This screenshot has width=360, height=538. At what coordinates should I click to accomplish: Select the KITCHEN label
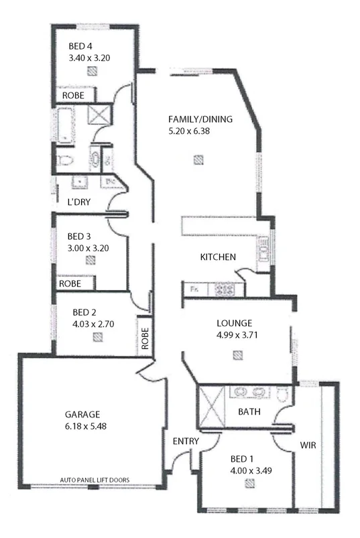pos(218,257)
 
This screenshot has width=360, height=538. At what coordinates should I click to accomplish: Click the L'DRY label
pos(78,202)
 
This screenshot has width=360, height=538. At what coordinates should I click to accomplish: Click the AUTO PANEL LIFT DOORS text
pos(95,480)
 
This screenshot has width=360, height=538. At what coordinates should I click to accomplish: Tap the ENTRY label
pos(184,441)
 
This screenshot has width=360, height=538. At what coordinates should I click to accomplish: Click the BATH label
pos(249,411)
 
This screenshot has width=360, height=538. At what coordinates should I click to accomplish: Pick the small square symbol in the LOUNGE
pos(236,356)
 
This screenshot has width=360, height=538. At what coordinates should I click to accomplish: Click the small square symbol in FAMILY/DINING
pos(198,159)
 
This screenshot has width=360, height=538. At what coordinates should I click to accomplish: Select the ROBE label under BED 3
pos(70,283)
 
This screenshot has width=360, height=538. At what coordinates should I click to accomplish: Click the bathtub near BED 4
pos(65,127)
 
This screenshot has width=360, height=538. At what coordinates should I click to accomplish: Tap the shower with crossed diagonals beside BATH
pos(210,408)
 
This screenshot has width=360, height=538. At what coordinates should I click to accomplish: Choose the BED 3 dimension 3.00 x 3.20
pos(88,247)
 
